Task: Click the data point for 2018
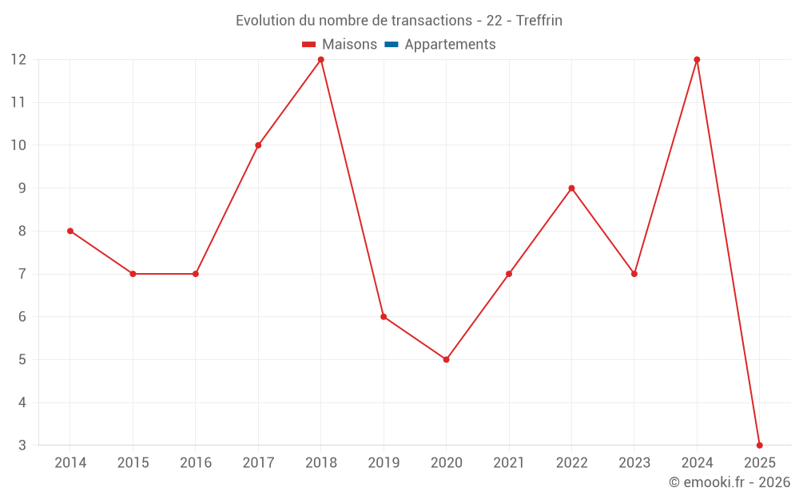pos(320,60)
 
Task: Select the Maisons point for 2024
pos(697,60)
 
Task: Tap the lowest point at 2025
pos(759,445)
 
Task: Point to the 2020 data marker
pos(446,359)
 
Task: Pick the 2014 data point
pos(70,231)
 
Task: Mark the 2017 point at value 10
pos(258,145)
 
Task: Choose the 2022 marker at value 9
pos(571,188)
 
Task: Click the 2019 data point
pos(384,316)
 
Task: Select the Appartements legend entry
pos(450,45)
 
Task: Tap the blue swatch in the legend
pos(391,45)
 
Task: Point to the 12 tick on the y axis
pos(18,60)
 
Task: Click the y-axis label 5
pos(22,359)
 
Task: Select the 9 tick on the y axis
pos(22,188)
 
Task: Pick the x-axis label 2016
pos(196,463)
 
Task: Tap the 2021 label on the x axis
pos(509,463)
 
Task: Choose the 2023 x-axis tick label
pos(634,463)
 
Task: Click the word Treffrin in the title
pos(539,21)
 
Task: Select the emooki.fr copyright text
pos(729,482)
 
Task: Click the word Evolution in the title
pos(265,21)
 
